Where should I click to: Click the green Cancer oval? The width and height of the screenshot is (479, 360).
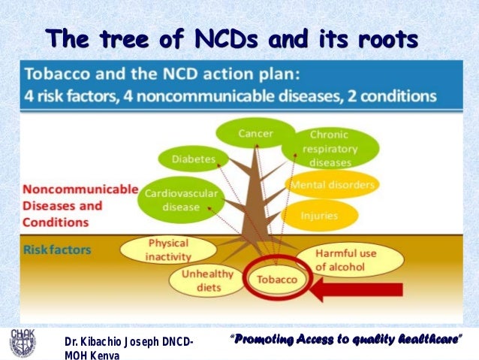255,134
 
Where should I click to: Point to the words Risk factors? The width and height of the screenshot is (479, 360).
56,247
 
